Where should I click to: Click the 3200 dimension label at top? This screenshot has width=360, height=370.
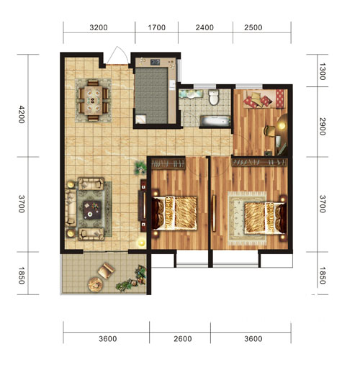[99, 27]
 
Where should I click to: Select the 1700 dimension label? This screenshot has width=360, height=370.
[156, 27]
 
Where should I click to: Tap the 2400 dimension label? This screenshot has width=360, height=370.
[204, 27]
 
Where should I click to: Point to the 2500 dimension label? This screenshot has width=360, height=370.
[253, 27]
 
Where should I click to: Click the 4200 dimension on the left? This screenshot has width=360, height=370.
[22, 114]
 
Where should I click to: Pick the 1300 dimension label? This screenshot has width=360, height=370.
[323, 71]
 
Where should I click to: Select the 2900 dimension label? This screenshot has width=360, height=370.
[323, 127]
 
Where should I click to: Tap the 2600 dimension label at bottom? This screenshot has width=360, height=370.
[183, 339]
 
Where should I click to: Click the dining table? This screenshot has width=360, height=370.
[94, 101]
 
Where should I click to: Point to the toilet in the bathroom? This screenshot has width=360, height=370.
[214, 97]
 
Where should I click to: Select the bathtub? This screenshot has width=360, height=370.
[215, 122]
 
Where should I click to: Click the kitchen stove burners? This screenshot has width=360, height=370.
[155, 63]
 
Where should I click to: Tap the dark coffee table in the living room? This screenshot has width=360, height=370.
[92, 209]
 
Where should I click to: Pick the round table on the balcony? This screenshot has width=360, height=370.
[96, 284]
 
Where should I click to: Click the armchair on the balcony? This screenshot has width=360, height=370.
[106, 271]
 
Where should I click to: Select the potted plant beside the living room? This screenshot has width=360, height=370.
[140, 167]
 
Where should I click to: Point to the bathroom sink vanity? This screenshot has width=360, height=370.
[191, 94]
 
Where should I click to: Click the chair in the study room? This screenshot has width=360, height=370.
[269, 131]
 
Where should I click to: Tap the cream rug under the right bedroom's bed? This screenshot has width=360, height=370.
[247, 218]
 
